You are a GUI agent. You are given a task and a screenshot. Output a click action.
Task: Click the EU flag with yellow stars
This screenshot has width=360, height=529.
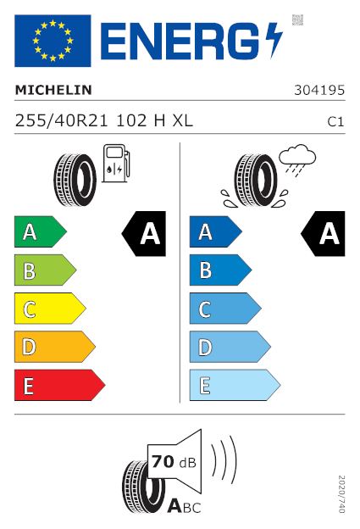point(53,41)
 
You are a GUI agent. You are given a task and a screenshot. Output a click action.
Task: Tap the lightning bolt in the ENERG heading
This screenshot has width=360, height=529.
point(274,40)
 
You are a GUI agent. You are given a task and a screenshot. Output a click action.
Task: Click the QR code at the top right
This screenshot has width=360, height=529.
point(297,19)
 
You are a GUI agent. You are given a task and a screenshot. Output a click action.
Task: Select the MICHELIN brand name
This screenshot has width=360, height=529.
point(53,90)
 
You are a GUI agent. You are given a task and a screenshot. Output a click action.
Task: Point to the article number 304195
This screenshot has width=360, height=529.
point(319,90)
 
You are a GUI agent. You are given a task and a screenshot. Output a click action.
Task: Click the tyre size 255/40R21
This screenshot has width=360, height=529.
point(61,120)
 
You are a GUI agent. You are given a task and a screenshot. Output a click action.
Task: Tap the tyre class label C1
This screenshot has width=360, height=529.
point(335,122)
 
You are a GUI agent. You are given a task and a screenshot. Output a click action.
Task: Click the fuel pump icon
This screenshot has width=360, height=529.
point(116,164)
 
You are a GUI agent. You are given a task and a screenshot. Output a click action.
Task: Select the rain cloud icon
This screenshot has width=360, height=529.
point(297,160)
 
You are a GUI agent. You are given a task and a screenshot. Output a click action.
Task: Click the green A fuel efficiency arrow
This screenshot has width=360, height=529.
point(41,231)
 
